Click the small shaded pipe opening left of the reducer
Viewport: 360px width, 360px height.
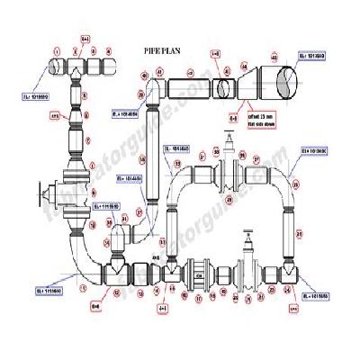221,88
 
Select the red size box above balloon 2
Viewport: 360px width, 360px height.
86,40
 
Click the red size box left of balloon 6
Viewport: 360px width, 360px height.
54,116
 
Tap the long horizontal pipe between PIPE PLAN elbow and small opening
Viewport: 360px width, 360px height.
185,88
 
